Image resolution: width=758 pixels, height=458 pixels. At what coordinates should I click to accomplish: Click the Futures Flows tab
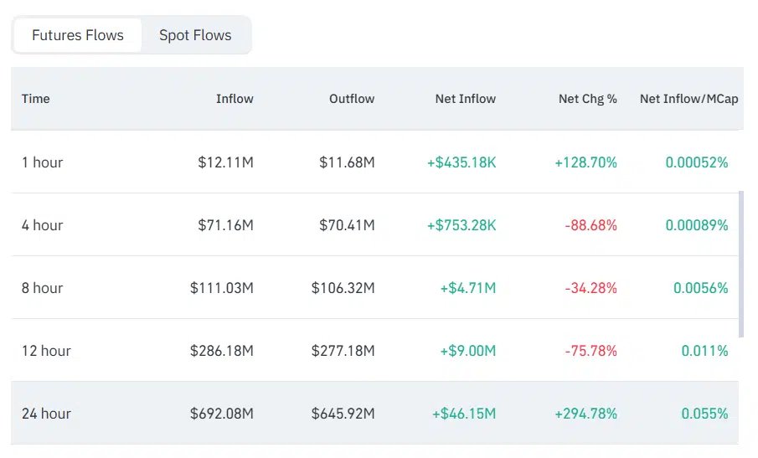[78, 35]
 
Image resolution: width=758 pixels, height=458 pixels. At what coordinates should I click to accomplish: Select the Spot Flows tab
[195, 35]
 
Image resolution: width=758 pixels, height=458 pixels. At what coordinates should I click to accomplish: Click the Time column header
[36, 99]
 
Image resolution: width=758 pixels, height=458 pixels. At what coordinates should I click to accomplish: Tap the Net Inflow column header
[465, 99]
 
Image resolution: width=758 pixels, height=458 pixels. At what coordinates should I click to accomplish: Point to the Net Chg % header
[587, 99]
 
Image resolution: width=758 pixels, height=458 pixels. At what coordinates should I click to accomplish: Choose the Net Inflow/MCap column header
[688, 99]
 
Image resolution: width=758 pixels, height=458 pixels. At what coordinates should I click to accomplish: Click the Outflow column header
[352, 99]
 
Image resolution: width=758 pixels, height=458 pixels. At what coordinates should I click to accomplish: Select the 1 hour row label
[43, 162]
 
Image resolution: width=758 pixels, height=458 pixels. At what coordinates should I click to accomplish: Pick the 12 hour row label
[46, 351]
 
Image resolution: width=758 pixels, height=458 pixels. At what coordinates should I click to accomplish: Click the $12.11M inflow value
[225, 162]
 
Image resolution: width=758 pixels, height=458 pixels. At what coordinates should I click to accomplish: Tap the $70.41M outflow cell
[347, 225]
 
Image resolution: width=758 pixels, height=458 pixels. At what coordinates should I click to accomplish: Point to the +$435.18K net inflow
[462, 162]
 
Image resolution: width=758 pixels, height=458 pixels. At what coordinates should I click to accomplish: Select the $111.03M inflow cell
[222, 288]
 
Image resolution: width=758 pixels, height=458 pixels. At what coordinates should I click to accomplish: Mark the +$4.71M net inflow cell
[467, 288]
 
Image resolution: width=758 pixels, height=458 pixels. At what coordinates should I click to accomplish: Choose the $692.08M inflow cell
[222, 414]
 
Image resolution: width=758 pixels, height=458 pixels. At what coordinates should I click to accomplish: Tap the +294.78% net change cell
[585, 414]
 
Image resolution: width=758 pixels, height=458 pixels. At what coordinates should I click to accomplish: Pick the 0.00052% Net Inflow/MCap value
[697, 162]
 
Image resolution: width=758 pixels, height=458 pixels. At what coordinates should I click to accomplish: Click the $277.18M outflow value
[343, 351]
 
